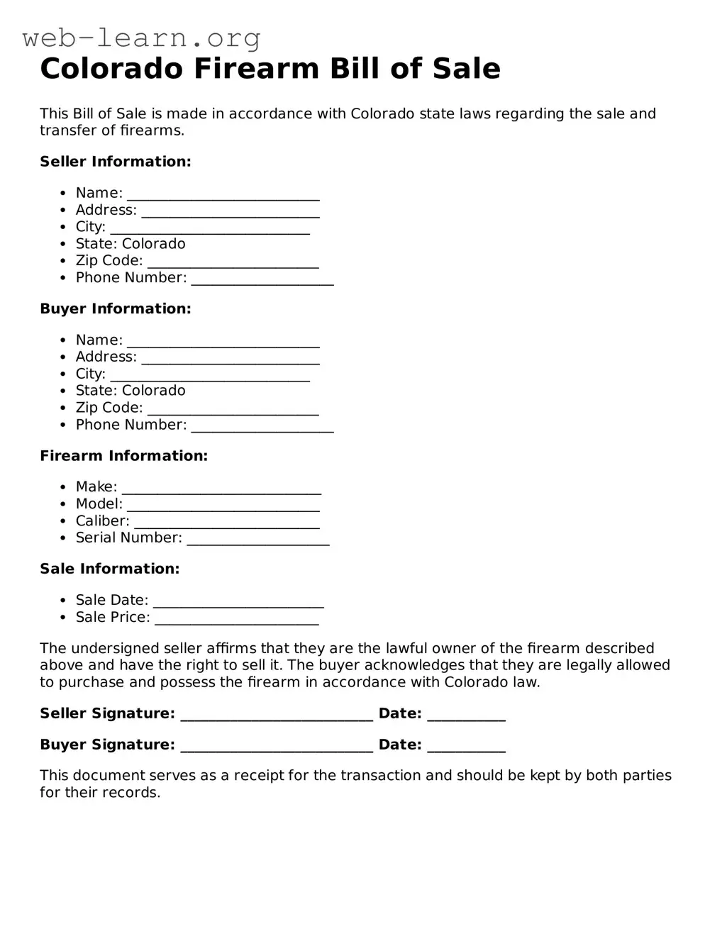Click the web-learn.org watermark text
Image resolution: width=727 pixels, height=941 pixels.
pos(141,38)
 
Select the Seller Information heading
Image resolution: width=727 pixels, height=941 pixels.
pos(116,162)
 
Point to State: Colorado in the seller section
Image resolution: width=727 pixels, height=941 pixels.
pos(131,244)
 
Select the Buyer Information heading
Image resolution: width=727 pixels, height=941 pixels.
pos(116,309)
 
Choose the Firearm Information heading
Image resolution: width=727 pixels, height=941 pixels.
pos(124,456)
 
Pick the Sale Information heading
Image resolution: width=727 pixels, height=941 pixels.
pos(110,569)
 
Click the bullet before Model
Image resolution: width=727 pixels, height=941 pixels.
pos(64,504)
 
